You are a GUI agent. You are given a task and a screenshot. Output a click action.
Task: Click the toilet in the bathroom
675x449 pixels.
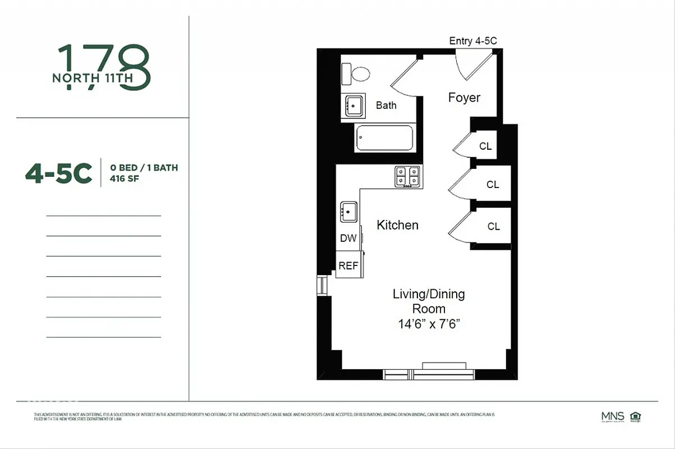point(357,74)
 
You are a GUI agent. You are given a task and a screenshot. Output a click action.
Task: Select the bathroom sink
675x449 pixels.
point(353,105)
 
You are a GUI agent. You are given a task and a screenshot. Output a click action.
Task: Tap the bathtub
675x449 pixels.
point(385,138)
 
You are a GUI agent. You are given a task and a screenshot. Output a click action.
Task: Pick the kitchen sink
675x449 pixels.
point(348,213)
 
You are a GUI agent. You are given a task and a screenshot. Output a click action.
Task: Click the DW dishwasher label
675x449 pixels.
point(348,238)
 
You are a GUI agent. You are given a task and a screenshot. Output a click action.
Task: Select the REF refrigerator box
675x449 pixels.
point(348,266)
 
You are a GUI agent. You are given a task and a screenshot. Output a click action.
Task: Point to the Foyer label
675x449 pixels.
point(464,98)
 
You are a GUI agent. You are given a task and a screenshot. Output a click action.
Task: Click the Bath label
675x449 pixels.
point(386,105)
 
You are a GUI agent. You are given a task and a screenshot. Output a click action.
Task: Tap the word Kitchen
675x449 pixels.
point(397,225)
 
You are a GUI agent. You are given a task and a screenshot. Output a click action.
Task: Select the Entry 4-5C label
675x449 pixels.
point(473,41)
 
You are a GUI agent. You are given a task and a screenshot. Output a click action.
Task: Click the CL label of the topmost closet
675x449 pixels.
point(485,146)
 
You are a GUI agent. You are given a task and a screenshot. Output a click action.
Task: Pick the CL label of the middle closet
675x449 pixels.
point(493,185)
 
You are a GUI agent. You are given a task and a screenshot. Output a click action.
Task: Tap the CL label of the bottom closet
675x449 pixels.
point(493,227)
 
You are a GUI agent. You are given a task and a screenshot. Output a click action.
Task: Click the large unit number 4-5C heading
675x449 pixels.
point(58,174)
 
